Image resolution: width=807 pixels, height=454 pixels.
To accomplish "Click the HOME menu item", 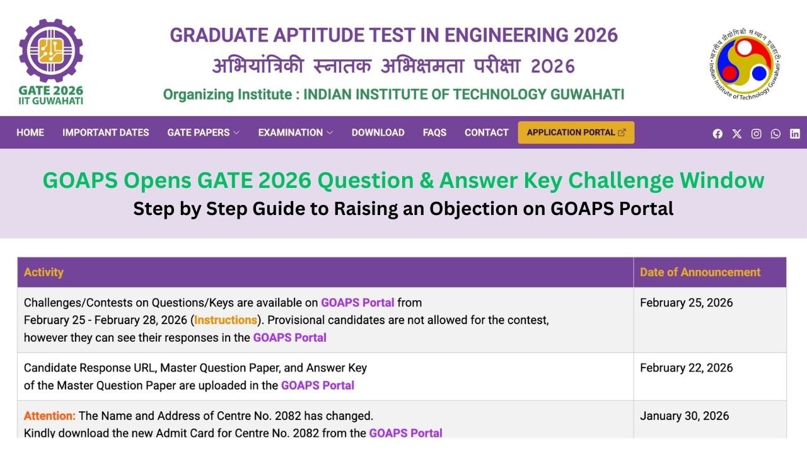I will click(30, 132).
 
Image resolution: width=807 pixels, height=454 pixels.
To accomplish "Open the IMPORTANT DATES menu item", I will click(105, 132).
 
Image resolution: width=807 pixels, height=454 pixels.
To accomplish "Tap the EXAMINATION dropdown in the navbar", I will click(295, 132).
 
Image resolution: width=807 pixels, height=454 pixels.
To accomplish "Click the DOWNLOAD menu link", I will click(378, 132).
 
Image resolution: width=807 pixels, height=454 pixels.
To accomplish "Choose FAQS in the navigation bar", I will click(434, 132).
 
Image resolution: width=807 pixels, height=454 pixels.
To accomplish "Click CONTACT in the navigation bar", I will click(486, 132).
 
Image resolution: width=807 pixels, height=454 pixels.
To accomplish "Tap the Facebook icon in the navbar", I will click(717, 134).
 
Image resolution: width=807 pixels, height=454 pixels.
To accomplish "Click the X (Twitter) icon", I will click(737, 134).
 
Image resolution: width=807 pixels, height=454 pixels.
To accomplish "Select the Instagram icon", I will click(756, 134).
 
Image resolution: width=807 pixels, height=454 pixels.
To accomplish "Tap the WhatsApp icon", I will click(775, 134).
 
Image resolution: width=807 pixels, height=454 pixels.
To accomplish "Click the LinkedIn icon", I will click(794, 134).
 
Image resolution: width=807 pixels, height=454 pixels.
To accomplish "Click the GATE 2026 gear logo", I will click(50, 54).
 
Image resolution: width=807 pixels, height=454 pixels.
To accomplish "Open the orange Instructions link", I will click(226, 320).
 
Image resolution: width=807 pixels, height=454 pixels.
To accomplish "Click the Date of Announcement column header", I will click(700, 272).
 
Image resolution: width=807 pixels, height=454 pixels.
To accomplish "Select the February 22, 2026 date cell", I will click(686, 368).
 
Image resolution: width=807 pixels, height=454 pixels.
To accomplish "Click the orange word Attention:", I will click(49, 416).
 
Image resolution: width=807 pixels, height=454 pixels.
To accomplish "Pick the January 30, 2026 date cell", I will click(684, 416).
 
